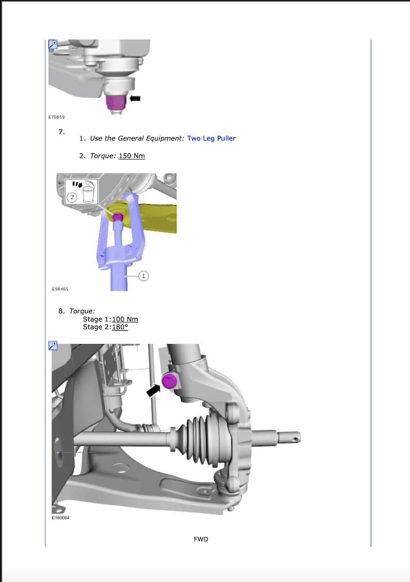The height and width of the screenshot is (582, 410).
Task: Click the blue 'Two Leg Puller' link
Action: tap(211, 138)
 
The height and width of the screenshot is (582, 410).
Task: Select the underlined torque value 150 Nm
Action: tap(132, 156)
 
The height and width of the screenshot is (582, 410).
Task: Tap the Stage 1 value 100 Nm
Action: tap(124, 319)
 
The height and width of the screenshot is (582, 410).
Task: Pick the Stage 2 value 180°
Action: tap(120, 327)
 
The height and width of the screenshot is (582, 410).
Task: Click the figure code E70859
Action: tap(56, 118)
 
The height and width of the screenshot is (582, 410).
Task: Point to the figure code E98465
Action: tap(60, 289)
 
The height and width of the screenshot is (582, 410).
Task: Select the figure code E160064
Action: tap(61, 518)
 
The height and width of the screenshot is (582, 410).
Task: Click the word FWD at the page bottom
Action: tap(201, 539)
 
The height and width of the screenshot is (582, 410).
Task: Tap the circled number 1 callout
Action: tap(144, 277)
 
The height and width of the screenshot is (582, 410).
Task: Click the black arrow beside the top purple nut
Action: tap(136, 98)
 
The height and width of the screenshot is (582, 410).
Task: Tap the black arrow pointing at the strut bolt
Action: tap(153, 390)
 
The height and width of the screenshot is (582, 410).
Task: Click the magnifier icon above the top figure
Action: tap(53, 44)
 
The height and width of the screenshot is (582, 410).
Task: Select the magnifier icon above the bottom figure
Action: tap(53, 346)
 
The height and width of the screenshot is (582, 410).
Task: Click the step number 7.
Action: tap(61, 132)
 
